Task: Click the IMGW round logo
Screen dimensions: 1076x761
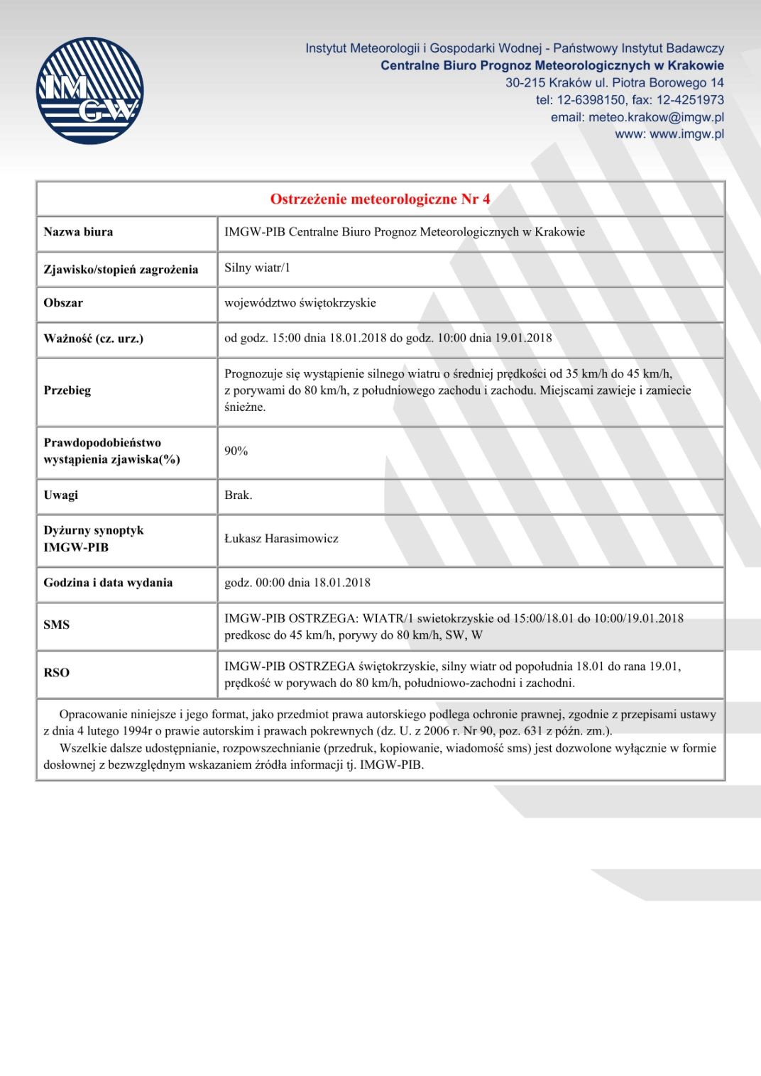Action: [89, 91]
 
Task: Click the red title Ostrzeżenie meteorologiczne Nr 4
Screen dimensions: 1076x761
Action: [380, 199]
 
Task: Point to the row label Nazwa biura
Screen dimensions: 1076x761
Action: [78, 232]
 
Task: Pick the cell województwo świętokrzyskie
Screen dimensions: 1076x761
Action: [300, 303]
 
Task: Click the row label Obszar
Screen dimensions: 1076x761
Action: [63, 303]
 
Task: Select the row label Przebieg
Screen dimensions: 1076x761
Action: [67, 390]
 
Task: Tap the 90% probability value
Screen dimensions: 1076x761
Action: [236, 451]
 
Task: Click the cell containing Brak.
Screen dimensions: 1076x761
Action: [239, 495]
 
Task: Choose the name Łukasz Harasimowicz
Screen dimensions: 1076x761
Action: [281, 539]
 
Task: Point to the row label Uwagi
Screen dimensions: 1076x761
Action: [61, 495]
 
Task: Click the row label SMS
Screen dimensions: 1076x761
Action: [57, 625]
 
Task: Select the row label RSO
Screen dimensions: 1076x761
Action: [57, 673]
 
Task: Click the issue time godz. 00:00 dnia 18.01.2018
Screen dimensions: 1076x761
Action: [297, 583]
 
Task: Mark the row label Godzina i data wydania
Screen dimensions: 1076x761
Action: [108, 583]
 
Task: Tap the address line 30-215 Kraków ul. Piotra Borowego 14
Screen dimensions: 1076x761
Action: [614, 83]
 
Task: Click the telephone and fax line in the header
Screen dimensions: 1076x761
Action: [630, 100]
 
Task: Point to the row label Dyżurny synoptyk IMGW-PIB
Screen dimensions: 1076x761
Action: [94, 539]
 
